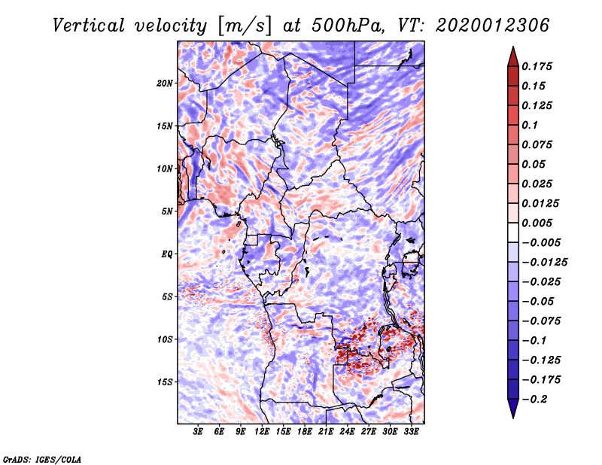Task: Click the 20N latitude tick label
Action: [x=165, y=83]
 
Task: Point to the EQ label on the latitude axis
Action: [x=166, y=254]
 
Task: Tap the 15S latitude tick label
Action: [x=165, y=382]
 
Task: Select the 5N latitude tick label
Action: [x=166, y=211]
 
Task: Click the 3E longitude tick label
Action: [x=198, y=432]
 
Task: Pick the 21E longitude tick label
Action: [x=326, y=432]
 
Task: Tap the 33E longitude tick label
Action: [x=411, y=432]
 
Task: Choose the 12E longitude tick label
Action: [x=262, y=432]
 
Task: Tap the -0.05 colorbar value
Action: [x=537, y=301]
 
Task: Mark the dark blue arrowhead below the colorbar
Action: [x=512, y=409]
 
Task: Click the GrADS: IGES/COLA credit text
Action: [x=41, y=458]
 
